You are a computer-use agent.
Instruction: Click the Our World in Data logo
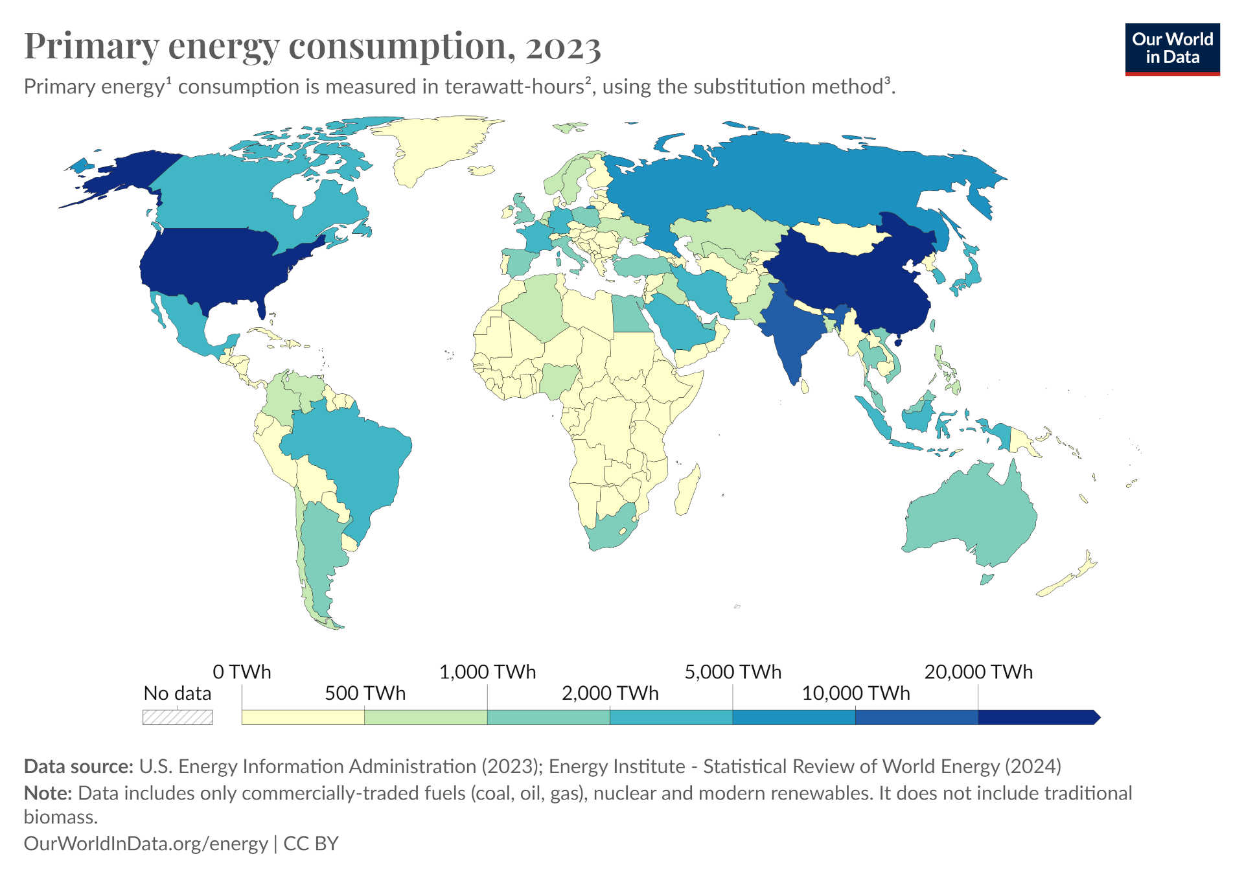1172,49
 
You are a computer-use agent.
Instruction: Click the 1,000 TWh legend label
487,672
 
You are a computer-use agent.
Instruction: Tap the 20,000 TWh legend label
978,672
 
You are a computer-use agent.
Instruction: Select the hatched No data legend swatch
178,717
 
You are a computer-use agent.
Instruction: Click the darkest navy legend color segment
1037,717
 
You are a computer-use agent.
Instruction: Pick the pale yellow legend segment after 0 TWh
303,717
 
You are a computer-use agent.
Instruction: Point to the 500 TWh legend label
365,693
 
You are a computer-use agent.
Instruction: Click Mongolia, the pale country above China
836,236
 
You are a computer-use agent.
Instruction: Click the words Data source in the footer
78,766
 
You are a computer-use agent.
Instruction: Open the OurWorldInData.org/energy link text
146,843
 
